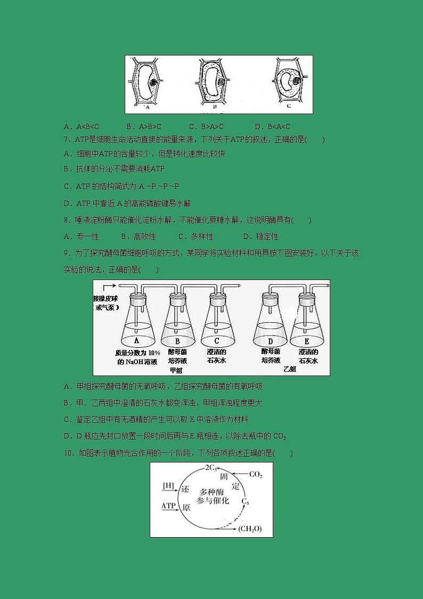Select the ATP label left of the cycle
click(x=168, y=505)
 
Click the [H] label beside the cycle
click(x=168, y=486)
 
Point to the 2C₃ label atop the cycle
click(x=211, y=468)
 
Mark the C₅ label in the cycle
click(x=245, y=501)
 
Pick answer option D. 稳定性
click(x=261, y=236)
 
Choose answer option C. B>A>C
click(x=206, y=126)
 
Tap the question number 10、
click(x=69, y=453)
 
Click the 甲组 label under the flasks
click(x=175, y=370)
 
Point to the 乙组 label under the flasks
click(x=289, y=369)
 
